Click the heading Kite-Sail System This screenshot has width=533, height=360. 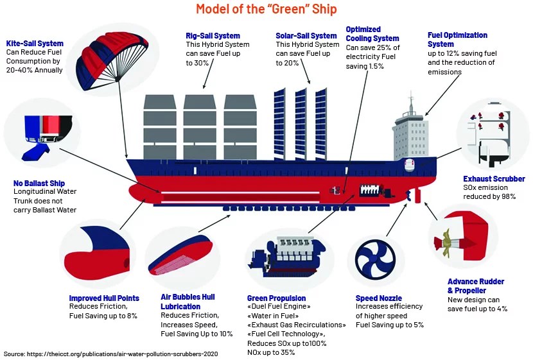35,44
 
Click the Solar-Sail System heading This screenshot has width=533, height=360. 306,36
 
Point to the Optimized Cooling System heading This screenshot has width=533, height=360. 372,34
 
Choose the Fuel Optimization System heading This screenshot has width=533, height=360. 457,40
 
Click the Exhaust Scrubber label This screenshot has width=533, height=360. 494,179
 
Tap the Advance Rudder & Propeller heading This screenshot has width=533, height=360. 476,286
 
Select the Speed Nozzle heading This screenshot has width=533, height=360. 378,298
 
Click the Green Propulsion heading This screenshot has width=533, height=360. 276,298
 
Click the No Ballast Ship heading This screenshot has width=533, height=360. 39,184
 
